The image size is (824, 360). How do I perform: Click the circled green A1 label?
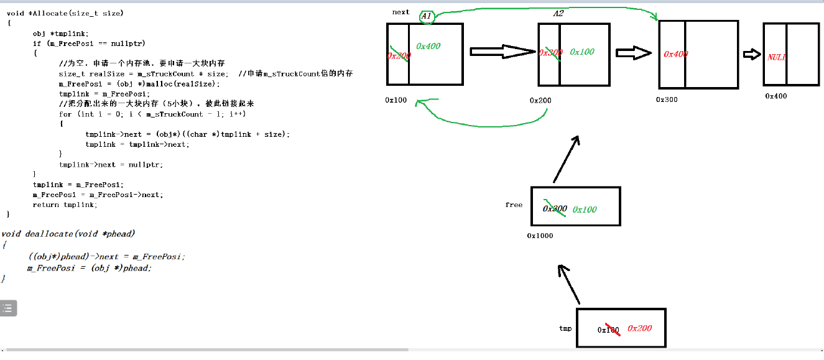pyautogui.click(x=427, y=16)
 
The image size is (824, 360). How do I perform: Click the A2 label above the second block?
pyautogui.click(x=558, y=14)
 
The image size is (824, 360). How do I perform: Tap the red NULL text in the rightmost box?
pyautogui.click(x=777, y=57)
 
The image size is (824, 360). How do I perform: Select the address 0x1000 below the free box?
pyautogui.click(x=540, y=236)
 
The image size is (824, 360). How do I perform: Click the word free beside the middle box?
pyautogui.click(x=514, y=205)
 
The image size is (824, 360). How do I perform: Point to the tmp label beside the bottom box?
pyautogui.click(x=565, y=328)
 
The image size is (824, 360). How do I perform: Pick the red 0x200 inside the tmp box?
pyautogui.click(x=639, y=328)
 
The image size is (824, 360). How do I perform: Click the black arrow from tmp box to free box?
pyautogui.click(x=570, y=284)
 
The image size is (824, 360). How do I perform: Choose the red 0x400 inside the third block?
pyautogui.click(x=676, y=54)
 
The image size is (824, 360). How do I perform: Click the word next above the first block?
pyautogui.click(x=401, y=12)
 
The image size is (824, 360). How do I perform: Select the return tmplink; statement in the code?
pyautogui.click(x=65, y=205)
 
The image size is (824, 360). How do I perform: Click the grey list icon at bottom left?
pyautogui.click(x=8, y=308)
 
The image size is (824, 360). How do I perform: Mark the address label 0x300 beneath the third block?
pyautogui.click(x=667, y=99)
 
